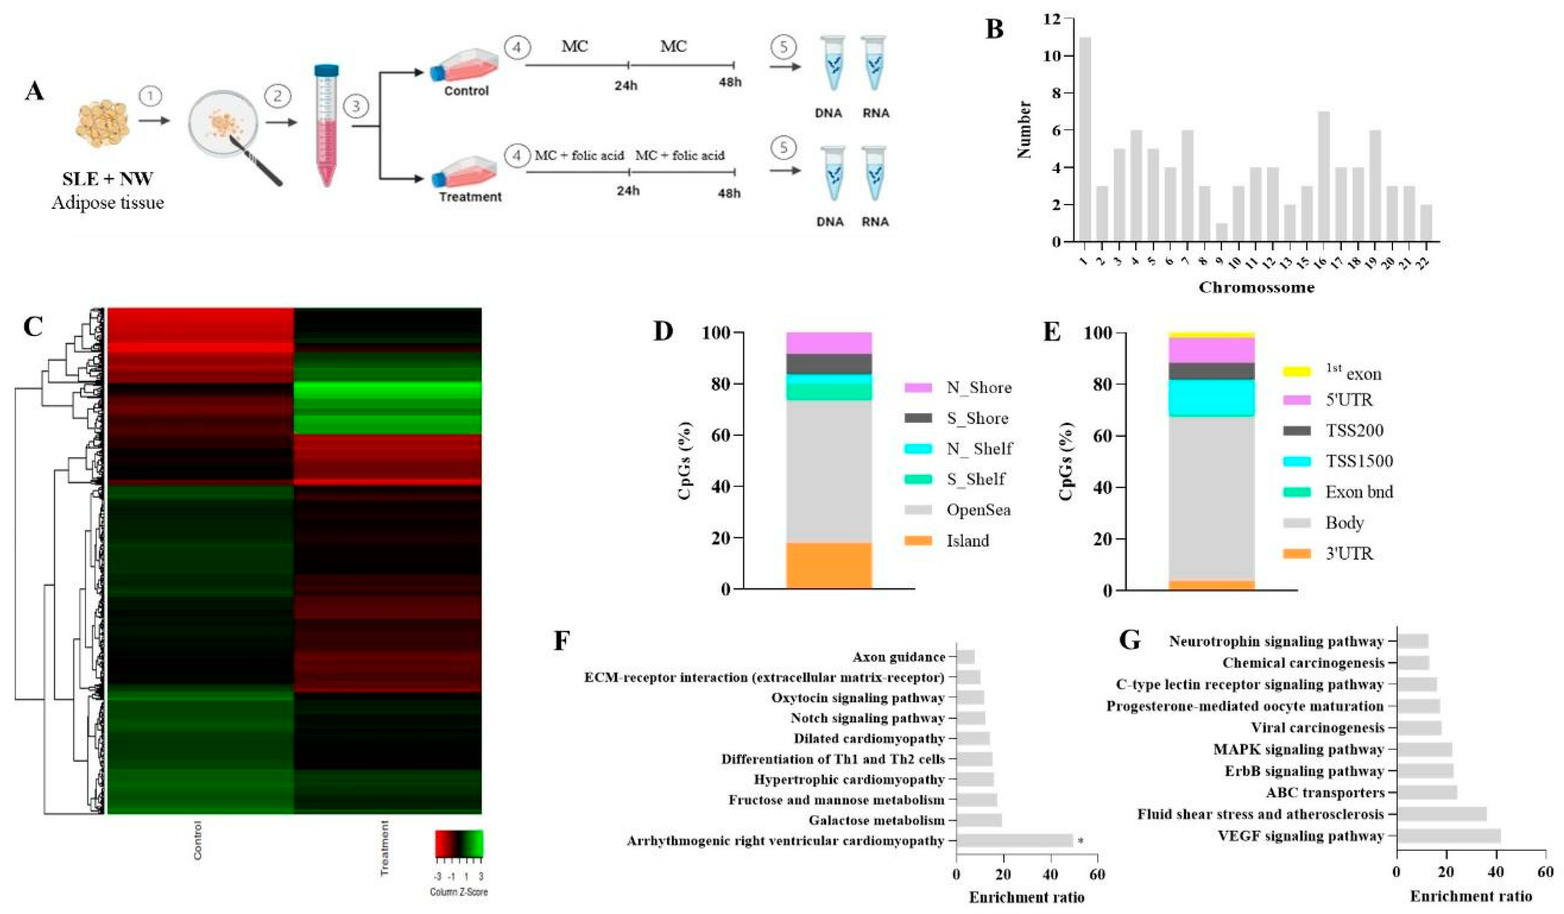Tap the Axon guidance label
coord(899,656)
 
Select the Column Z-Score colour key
coord(459,844)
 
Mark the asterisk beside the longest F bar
coord(1080,841)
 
